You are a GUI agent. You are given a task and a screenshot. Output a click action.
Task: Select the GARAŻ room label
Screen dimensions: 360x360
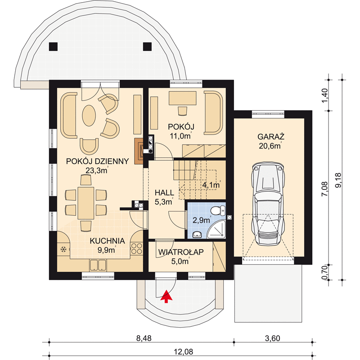click(271, 137)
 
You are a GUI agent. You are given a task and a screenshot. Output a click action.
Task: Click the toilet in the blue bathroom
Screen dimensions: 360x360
click(218, 211)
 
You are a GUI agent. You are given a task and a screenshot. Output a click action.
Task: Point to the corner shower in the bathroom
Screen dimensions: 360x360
click(217, 229)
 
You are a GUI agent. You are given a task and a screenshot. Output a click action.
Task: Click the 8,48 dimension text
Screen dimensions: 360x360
click(144, 338)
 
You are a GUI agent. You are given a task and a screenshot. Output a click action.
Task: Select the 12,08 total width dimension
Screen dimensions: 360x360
click(184, 351)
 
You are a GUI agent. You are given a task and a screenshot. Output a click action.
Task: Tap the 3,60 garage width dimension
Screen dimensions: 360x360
click(273, 338)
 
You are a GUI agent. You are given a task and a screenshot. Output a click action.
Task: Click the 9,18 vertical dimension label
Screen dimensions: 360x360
click(338, 180)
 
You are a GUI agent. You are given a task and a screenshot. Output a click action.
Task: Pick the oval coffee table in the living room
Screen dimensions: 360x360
click(89, 116)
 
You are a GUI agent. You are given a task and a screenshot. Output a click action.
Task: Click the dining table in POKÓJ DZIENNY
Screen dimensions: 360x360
click(86, 203)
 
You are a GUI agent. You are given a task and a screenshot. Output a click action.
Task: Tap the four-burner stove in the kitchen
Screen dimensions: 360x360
click(136, 249)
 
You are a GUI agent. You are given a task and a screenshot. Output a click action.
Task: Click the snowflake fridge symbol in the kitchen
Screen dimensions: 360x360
click(63, 249)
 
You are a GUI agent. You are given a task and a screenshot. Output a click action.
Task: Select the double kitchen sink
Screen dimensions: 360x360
click(98, 265)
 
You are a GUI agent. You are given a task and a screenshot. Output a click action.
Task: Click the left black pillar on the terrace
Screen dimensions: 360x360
click(53, 47)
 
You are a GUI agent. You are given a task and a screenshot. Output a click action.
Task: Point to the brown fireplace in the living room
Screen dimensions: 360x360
click(139, 151)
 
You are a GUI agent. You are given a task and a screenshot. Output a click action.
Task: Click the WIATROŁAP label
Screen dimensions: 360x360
click(181, 252)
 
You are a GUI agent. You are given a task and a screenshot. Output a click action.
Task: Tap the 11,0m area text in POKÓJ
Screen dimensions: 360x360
click(180, 136)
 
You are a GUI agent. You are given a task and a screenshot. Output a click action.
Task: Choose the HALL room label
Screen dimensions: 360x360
click(164, 193)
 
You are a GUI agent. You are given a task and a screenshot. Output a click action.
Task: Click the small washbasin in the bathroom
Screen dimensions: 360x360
click(197, 234)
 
